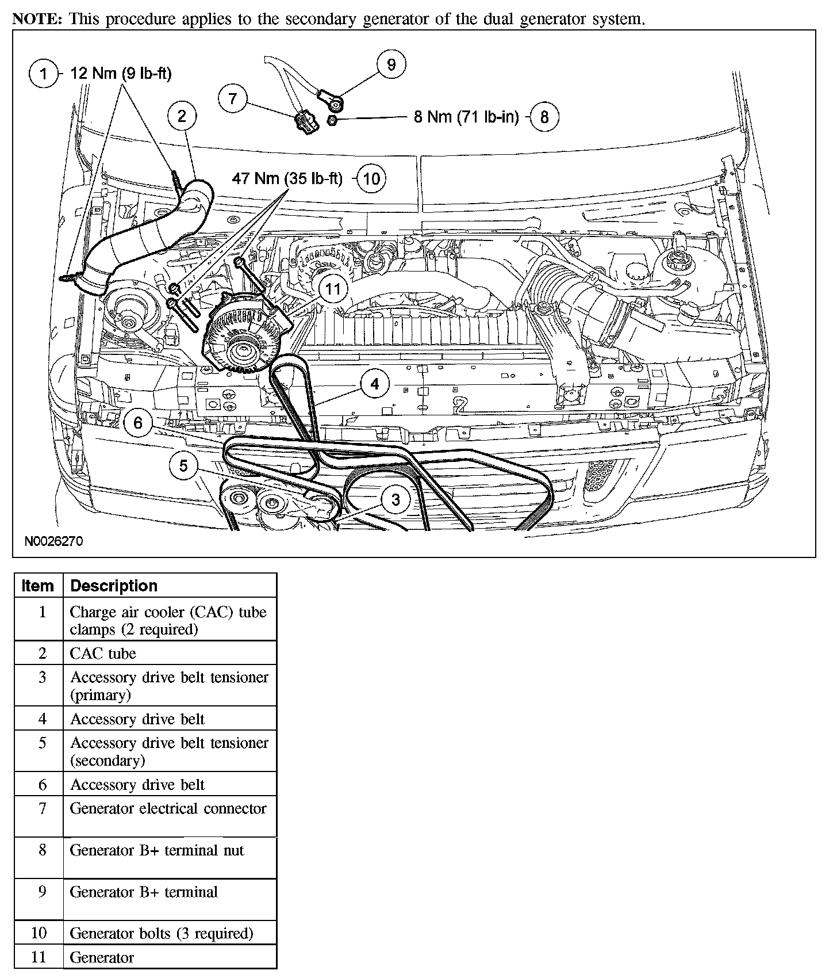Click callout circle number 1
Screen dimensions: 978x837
point(43,74)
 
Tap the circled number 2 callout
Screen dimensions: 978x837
point(182,117)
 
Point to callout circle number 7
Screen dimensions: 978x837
point(232,98)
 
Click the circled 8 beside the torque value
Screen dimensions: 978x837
point(544,117)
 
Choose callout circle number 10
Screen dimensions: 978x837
point(371,178)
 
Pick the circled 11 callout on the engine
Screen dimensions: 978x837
point(333,289)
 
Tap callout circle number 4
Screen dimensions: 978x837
point(375,384)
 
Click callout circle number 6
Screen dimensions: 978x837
point(138,423)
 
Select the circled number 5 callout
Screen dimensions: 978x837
point(183,465)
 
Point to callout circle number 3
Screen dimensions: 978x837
point(396,499)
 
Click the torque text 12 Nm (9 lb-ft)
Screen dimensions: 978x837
point(121,74)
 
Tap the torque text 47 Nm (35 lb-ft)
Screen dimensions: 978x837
point(287,178)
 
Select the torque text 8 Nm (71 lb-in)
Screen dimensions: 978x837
point(466,117)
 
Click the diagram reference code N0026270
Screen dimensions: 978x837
point(53,541)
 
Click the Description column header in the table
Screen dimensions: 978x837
point(113,586)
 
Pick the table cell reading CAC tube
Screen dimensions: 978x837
point(103,654)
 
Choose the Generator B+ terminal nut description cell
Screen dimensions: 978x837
point(157,850)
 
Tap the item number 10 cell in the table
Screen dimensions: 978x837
point(39,933)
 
